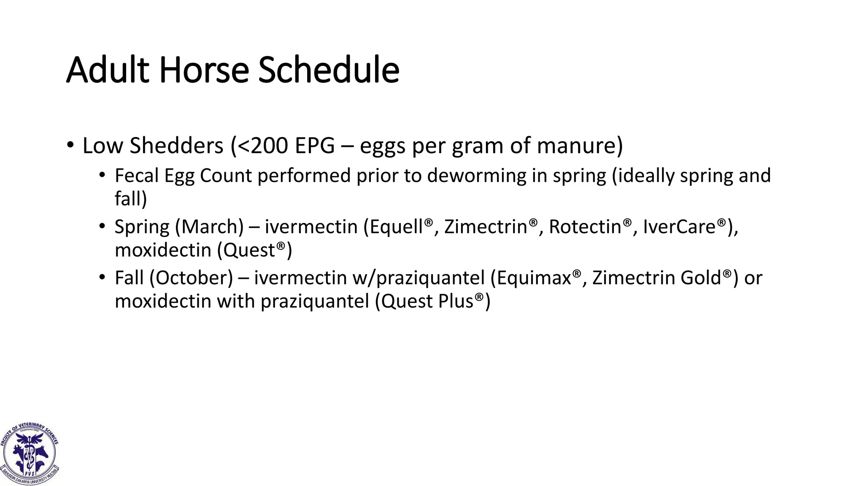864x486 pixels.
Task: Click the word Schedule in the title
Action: [x=329, y=70]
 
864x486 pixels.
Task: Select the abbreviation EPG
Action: [x=315, y=146]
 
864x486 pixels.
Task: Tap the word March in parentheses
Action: [x=209, y=227]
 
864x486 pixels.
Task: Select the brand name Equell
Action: [x=397, y=227]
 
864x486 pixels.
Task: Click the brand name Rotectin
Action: [x=585, y=227]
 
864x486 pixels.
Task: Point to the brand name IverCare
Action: [x=679, y=227]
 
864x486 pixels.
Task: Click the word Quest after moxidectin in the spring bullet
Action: [x=249, y=251]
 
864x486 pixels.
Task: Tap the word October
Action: [x=194, y=278]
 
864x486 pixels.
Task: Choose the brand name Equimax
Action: [x=534, y=278]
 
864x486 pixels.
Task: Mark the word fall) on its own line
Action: [x=131, y=199]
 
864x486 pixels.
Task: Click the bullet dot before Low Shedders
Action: [x=70, y=146]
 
